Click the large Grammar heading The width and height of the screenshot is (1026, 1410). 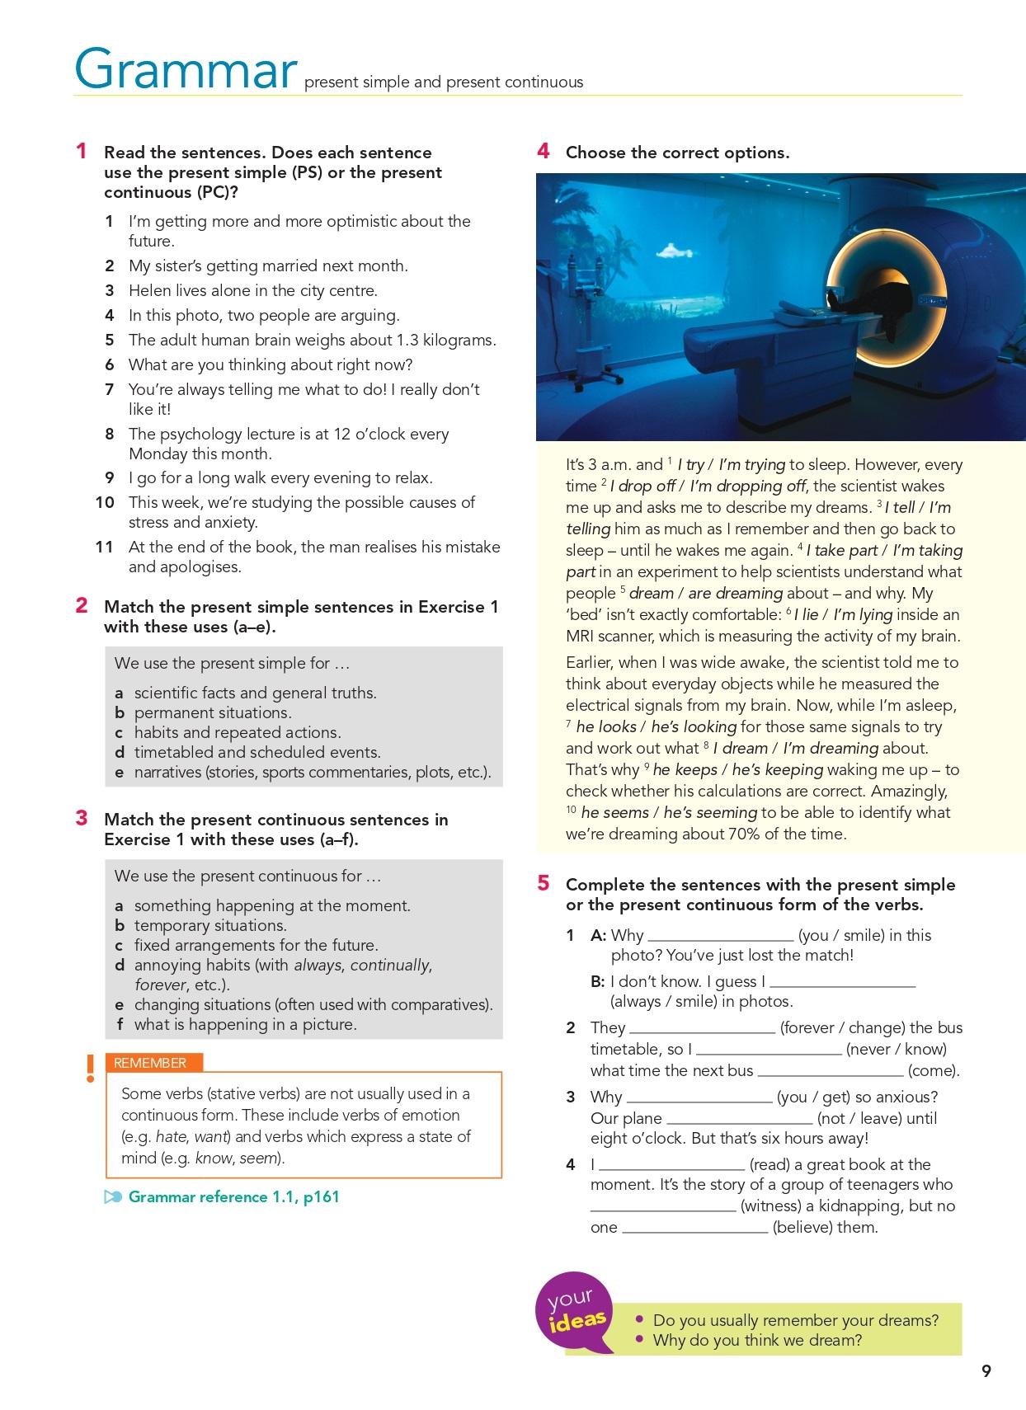(185, 69)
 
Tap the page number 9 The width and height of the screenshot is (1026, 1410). (986, 1370)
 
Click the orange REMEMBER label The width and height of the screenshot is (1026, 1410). (150, 1063)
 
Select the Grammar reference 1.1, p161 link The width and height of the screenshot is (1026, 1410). (233, 1196)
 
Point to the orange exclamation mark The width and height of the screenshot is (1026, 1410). (90, 1069)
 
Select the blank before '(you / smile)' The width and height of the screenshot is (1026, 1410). (720, 936)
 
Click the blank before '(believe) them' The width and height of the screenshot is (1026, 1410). (694, 1228)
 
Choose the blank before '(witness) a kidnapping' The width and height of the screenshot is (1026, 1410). (662, 1206)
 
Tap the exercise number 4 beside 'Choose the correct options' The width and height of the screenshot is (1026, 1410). (543, 152)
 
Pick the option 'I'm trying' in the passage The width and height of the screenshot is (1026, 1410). (751, 464)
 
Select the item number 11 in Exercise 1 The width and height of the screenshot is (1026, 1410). (104, 547)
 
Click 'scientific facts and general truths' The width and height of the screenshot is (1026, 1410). (255, 693)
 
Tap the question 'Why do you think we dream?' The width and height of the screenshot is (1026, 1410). (756, 1340)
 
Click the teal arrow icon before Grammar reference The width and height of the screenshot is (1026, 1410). (113, 1197)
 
